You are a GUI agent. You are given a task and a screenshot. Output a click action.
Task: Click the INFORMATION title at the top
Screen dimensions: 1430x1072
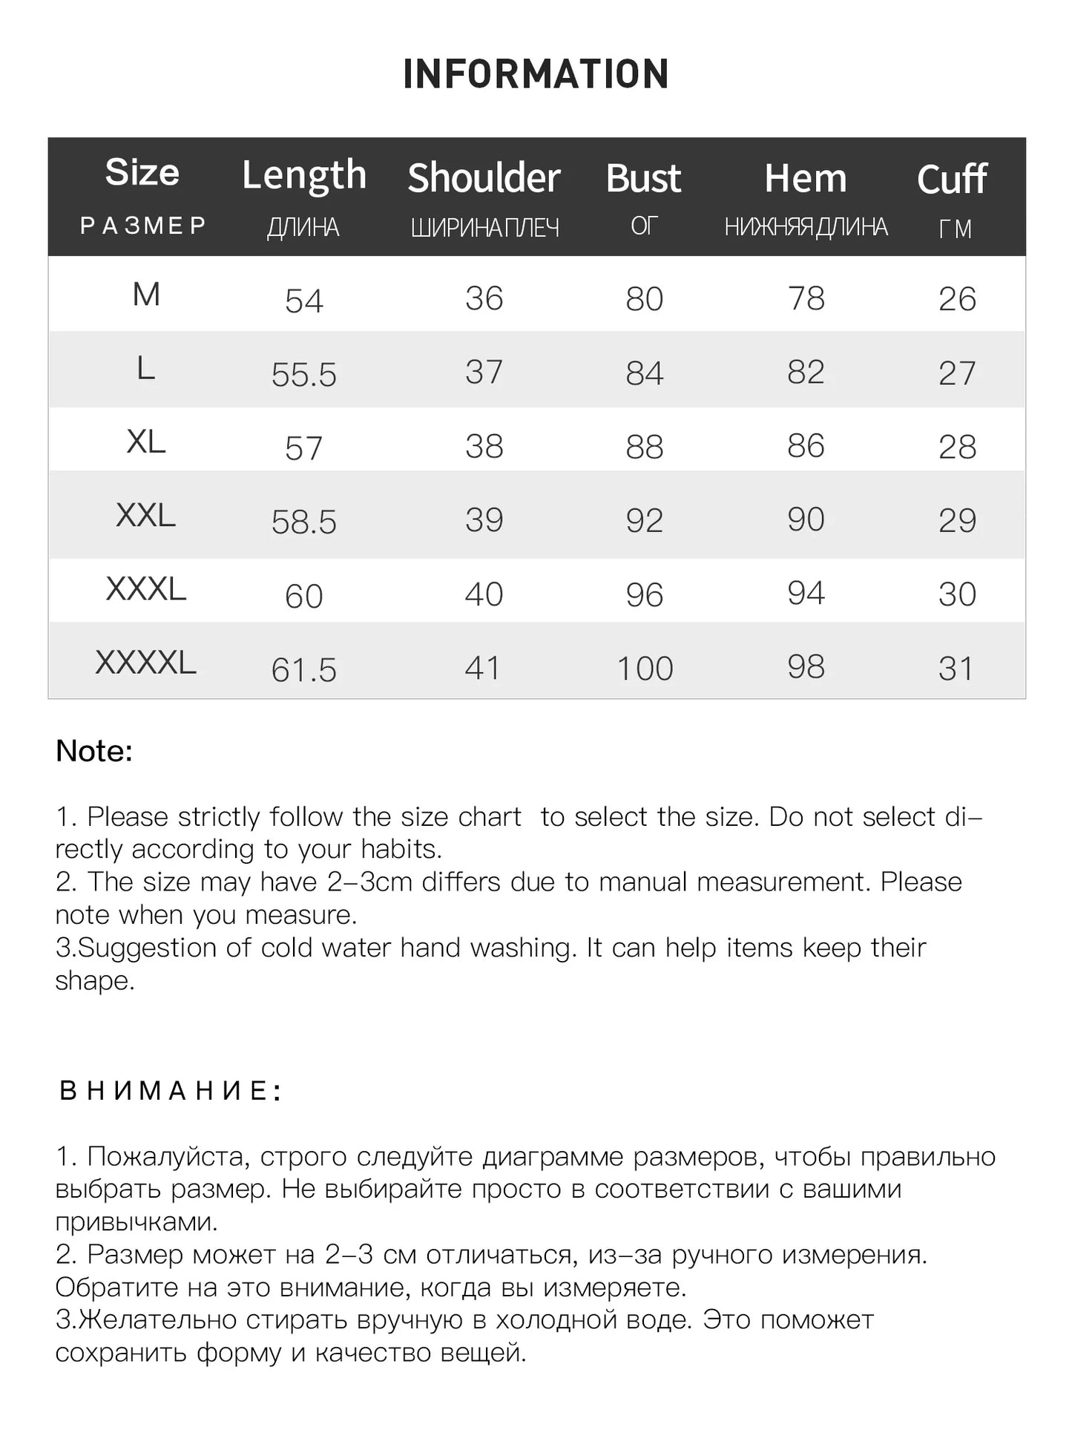click(536, 74)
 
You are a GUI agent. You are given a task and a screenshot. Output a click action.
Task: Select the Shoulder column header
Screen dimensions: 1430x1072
click(484, 178)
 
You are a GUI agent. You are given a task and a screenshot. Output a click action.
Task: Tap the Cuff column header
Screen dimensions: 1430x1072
click(952, 180)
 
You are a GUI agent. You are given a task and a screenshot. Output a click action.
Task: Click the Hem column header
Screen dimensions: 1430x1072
click(806, 179)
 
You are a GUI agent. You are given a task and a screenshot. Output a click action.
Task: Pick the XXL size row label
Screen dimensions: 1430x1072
click(145, 515)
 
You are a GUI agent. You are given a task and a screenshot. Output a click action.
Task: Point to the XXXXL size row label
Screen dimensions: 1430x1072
click(145, 662)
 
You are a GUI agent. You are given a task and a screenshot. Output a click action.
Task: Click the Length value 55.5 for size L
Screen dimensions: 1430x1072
click(303, 375)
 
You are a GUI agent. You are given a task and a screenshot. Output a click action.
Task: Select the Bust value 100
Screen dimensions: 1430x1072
click(645, 669)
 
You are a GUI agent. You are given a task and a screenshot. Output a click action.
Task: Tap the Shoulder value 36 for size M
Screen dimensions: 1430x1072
click(484, 298)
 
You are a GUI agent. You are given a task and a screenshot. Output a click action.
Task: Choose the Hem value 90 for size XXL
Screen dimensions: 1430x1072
click(806, 519)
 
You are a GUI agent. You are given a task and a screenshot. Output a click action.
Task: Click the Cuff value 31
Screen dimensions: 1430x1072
click(956, 669)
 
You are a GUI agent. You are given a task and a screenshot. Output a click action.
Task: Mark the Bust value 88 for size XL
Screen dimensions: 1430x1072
click(644, 447)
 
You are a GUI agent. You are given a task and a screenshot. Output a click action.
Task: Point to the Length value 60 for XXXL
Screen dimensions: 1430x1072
click(303, 596)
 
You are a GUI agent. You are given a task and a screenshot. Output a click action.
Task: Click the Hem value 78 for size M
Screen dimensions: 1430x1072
click(806, 298)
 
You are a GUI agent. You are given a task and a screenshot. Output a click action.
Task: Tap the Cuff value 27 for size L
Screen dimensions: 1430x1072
click(956, 373)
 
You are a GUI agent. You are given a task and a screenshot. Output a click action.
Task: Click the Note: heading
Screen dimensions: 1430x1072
click(94, 751)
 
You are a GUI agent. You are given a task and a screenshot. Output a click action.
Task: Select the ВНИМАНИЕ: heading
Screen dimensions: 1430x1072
click(170, 1091)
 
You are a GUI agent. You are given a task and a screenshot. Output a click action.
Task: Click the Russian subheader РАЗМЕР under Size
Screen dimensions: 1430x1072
click(143, 226)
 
